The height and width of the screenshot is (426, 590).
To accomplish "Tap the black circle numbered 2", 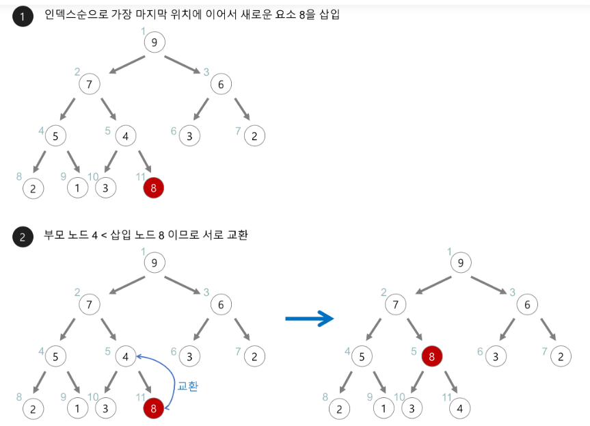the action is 23,237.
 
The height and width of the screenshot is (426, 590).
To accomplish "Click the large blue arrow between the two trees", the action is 308,318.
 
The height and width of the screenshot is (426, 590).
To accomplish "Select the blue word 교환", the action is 187,386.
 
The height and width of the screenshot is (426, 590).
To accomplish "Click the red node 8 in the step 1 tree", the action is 154,187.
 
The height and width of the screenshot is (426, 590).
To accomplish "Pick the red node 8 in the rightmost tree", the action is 431,356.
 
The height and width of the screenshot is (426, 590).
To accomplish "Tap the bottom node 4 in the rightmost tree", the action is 459,408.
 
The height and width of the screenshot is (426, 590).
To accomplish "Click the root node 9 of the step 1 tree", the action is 155,42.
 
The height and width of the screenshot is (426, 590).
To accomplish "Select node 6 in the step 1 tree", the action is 221,84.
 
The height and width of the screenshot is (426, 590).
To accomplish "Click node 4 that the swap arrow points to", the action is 126,356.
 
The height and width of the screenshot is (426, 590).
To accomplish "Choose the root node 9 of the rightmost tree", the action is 461,263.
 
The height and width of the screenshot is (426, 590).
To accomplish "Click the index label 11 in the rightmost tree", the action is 448,397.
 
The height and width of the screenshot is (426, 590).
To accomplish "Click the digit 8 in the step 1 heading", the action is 295,15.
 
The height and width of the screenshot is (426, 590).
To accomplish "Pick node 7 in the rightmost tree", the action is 394,305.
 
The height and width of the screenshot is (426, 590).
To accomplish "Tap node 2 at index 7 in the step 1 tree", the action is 254,136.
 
